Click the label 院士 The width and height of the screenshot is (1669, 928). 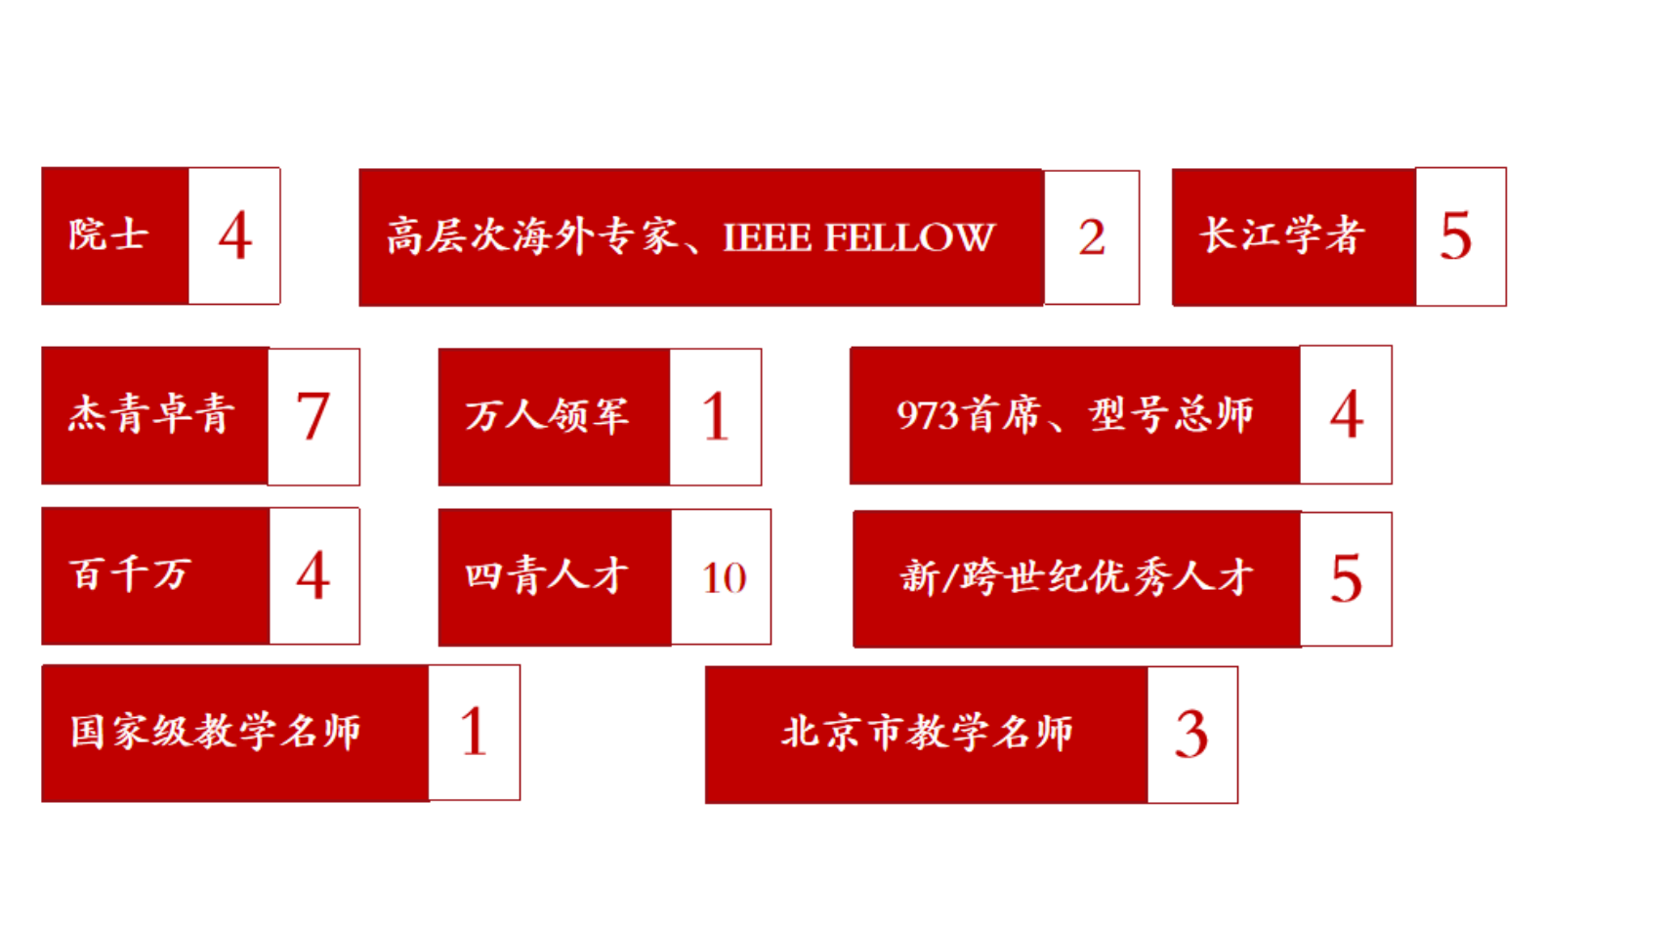coord(108,235)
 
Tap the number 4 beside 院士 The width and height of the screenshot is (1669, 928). coord(234,236)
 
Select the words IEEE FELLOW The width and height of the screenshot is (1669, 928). coord(857,237)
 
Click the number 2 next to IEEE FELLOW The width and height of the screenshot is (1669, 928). coord(1092,237)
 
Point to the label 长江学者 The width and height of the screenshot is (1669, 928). coord(1280,235)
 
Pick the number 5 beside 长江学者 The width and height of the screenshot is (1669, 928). coord(1455,236)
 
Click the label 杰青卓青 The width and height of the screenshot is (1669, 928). coord(151,414)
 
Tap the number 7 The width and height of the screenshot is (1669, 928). coord(313,416)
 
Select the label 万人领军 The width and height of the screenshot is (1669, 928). coord(547,415)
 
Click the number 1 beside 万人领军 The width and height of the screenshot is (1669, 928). coord(716,417)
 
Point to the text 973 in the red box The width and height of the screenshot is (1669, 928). coord(927,415)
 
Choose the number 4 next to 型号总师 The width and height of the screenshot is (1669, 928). coord(1346,415)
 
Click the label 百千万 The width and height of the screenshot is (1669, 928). coord(129,573)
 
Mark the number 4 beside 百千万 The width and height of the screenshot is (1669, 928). coord(313,576)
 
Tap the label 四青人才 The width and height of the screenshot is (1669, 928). coord(547,575)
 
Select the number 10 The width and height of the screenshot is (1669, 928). coord(724,578)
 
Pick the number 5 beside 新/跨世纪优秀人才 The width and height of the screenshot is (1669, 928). coord(1346,578)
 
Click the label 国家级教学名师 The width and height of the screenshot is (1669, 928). coord(216,732)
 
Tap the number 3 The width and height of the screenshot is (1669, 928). coord(1191,735)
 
